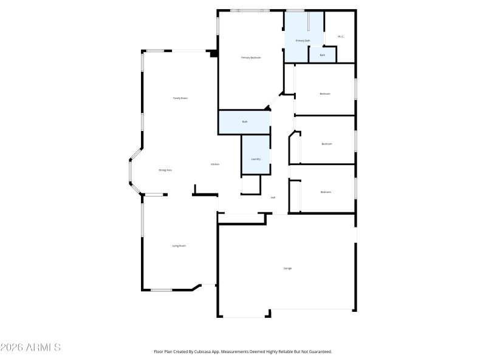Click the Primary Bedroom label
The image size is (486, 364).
click(x=251, y=58)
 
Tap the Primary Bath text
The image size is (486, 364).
click(x=303, y=41)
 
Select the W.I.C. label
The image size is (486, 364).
click(x=341, y=37)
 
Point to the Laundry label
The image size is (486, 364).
click(x=256, y=159)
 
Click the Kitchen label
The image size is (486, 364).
click(x=214, y=164)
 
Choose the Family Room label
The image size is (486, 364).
click(x=180, y=98)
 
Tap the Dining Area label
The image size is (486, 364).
click(x=165, y=170)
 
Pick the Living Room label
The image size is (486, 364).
click(x=179, y=246)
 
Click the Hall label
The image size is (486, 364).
click(x=273, y=198)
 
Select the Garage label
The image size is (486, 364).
click(x=287, y=268)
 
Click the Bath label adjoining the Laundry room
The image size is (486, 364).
click(x=245, y=122)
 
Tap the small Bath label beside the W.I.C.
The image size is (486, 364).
click(x=323, y=55)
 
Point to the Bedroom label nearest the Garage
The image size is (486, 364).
click(x=326, y=192)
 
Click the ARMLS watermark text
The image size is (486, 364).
click(x=30, y=348)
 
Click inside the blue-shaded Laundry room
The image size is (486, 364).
click(x=256, y=149)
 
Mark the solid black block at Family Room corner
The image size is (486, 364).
click(x=213, y=53)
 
